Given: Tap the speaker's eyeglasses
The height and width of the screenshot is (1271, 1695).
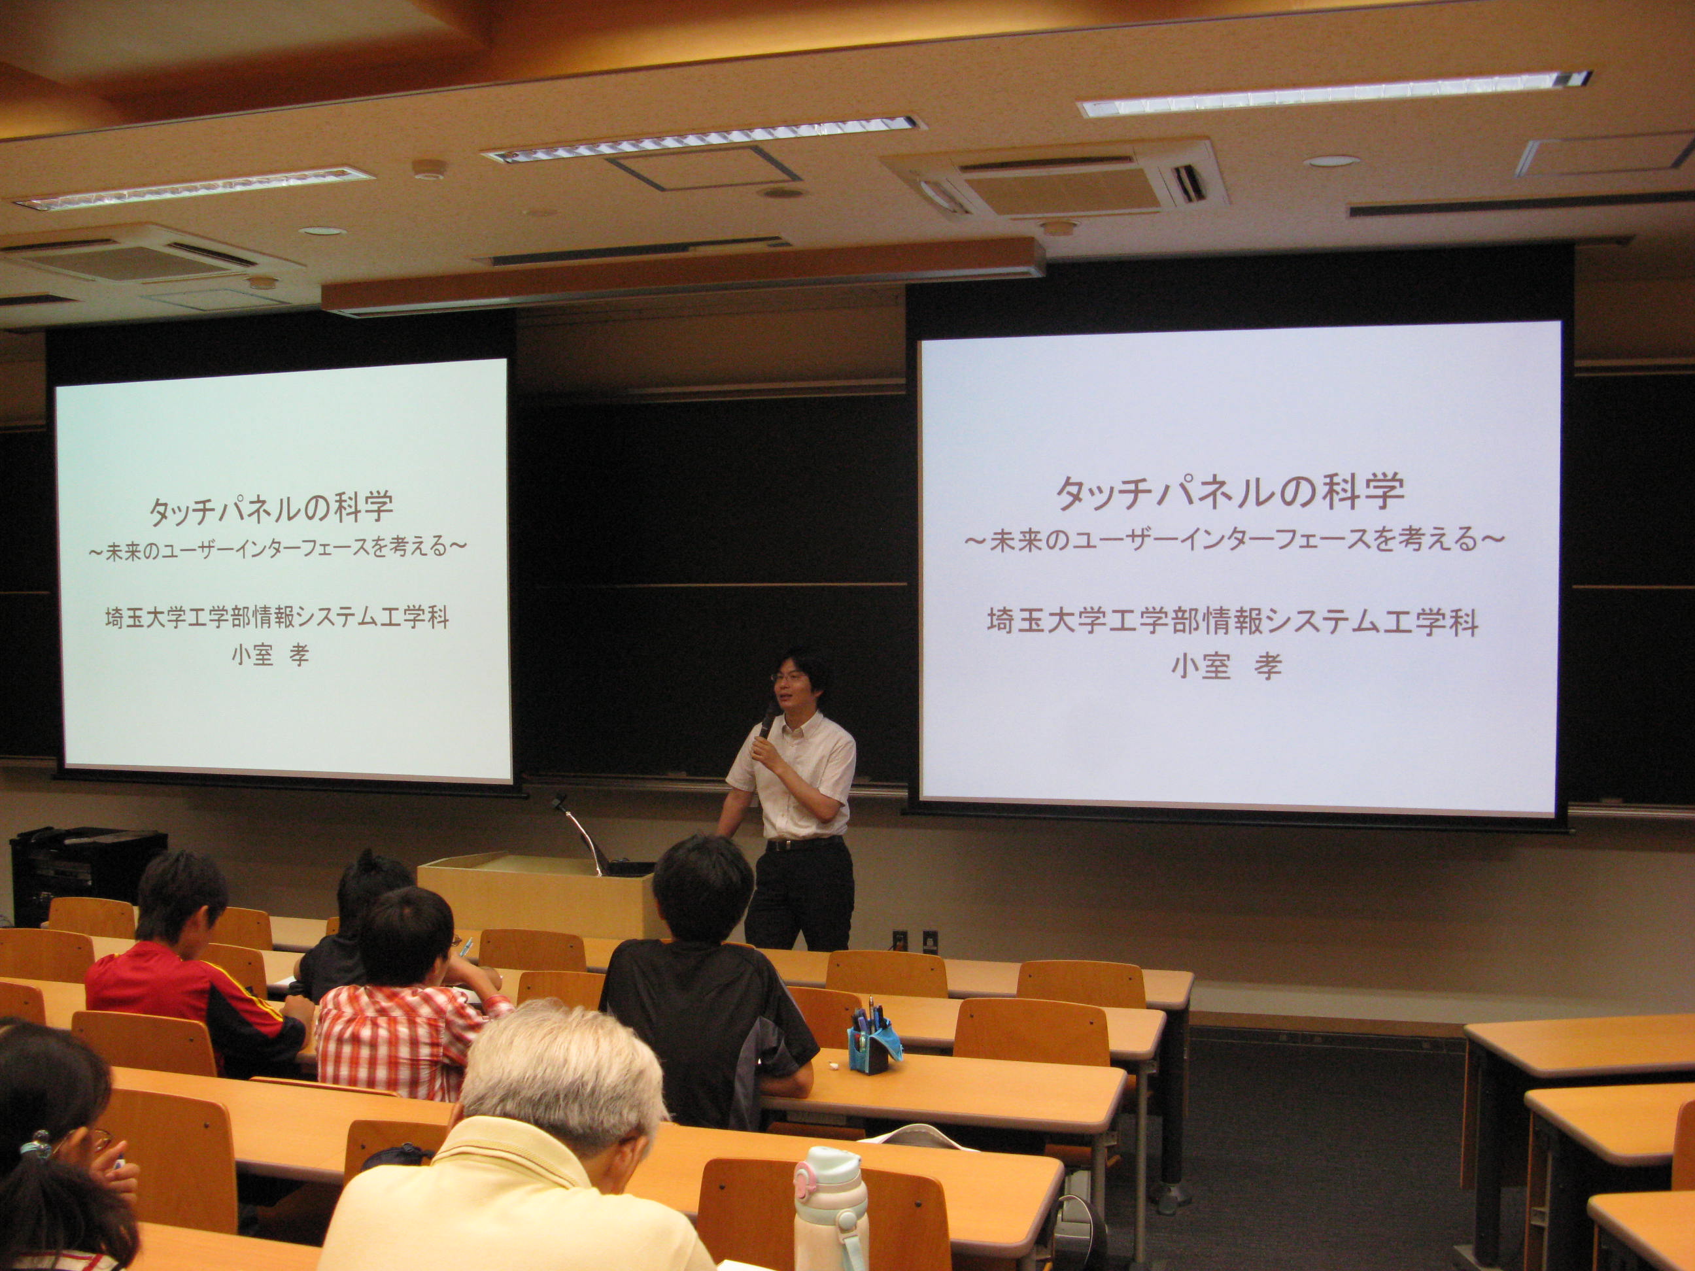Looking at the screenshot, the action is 789,677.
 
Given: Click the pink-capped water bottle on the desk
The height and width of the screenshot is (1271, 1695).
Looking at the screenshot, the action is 830,1210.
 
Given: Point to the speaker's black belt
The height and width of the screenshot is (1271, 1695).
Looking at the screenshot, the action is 804,843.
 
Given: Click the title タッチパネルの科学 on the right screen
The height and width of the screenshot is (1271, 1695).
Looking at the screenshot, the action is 1230,492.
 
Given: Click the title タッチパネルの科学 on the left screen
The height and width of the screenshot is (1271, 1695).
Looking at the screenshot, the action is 271,508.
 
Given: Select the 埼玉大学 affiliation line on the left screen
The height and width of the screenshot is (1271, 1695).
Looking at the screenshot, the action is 277,617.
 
